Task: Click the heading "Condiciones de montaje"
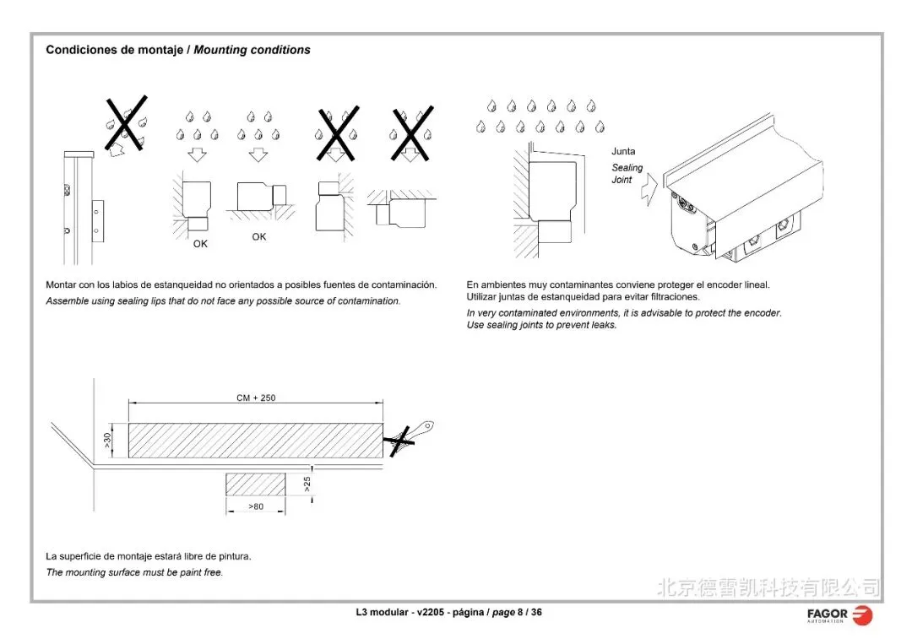pos(115,50)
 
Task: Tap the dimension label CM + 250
pos(256,398)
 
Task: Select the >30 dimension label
pos(107,441)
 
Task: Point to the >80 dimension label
pos(255,506)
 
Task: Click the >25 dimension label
pos(307,484)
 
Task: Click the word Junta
pos(623,152)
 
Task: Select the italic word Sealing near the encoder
pos(627,168)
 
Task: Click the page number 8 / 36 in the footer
pos(529,612)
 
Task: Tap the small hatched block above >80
pos(255,484)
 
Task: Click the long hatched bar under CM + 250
pos(255,441)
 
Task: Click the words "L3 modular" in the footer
pos(382,612)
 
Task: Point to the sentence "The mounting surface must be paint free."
pos(134,572)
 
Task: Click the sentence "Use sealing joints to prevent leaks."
pos(541,325)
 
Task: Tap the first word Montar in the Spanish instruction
pos(61,285)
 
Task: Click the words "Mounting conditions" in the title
pos(252,50)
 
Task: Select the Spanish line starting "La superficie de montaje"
pos(149,556)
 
